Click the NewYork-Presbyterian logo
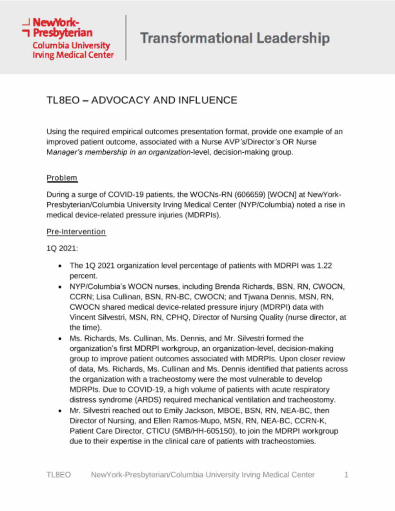tap(68, 38)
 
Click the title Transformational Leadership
tap(235, 38)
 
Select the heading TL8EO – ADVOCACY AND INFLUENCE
tap(142, 100)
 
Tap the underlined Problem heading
tap(62, 178)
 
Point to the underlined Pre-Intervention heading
tap(76, 232)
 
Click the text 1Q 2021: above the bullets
tap(62, 248)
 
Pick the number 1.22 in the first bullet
tap(324, 266)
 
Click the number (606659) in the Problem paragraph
tap(250, 195)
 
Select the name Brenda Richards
tap(244, 287)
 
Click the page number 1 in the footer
tap(346, 475)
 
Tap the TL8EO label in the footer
tap(59, 475)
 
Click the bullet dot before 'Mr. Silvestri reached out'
tap(60, 411)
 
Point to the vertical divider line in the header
tap(126, 37)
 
